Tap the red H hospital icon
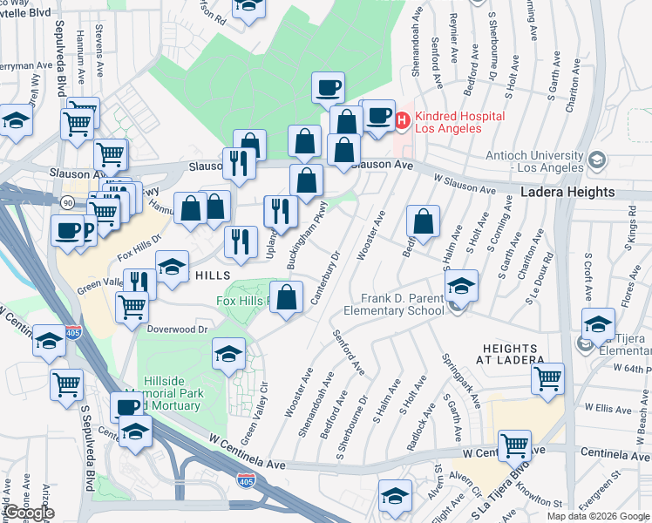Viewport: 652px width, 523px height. (x=403, y=121)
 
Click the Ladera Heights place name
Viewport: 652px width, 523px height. (x=568, y=192)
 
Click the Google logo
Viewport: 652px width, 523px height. (x=28, y=513)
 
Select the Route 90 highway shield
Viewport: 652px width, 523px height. (x=68, y=202)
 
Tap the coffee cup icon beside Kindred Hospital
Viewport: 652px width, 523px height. (x=378, y=119)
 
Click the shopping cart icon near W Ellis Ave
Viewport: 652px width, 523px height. (x=547, y=379)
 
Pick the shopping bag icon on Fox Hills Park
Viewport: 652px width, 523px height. (x=286, y=297)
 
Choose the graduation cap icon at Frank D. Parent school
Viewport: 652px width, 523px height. (x=461, y=287)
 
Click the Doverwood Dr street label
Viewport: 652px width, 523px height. (x=178, y=329)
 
